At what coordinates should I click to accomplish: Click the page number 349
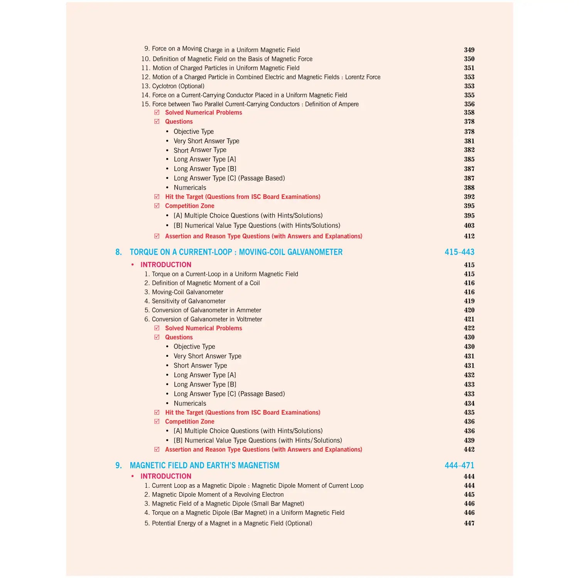pyautogui.click(x=469, y=50)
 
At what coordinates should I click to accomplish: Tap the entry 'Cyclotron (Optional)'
pyautogui.click(x=178, y=86)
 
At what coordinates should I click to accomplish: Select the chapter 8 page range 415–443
pyautogui.click(x=459, y=252)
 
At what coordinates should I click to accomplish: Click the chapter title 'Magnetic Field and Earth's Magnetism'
pyautogui.click(x=204, y=465)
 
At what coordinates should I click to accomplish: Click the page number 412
pyautogui.click(x=469, y=236)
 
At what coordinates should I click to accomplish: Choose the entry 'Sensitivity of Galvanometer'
pyautogui.click(x=188, y=301)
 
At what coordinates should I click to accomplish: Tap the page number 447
pyautogui.click(x=469, y=523)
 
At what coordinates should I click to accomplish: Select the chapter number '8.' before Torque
pyautogui.click(x=118, y=252)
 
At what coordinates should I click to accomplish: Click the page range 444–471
pyautogui.click(x=459, y=465)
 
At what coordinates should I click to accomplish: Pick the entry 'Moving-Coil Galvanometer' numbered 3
pyautogui.click(x=187, y=292)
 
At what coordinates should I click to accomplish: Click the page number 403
pyautogui.click(x=469, y=225)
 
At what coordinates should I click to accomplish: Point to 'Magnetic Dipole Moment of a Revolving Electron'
pyautogui.click(x=218, y=495)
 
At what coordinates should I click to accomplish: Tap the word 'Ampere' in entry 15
pyautogui.click(x=348, y=104)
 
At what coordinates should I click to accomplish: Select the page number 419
pyautogui.click(x=469, y=301)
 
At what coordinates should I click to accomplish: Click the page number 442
pyautogui.click(x=469, y=450)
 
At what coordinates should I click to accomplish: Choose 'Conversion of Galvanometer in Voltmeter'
pyautogui.click(x=207, y=319)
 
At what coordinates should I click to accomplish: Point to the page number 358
pyautogui.click(x=469, y=113)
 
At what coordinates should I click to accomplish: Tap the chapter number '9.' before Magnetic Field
pyautogui.click(x=118, y=465)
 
